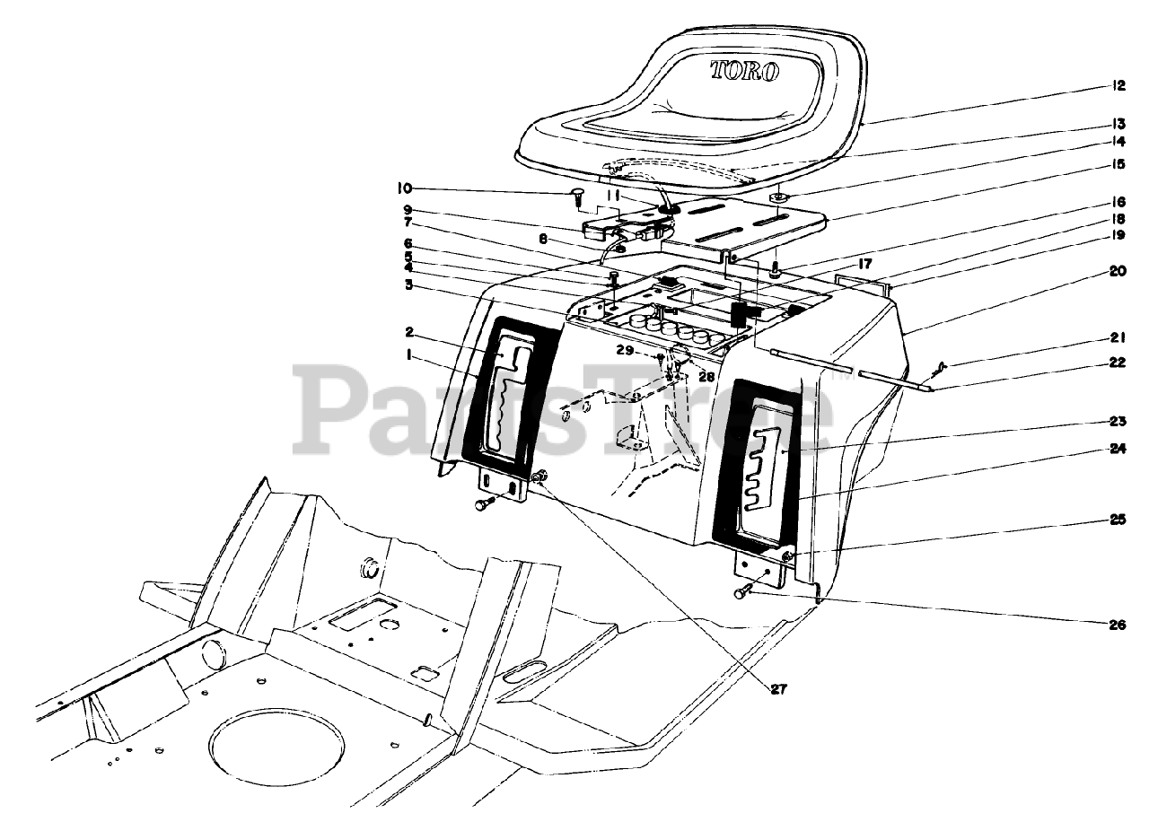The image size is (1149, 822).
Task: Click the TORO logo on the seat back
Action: tap(744, 71)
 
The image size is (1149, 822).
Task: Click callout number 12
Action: tap(1118, 87)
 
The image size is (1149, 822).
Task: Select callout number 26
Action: tap(1118, 625)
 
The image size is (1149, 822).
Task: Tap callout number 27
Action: tap(778, 688)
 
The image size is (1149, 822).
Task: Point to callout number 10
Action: tap(404, 188)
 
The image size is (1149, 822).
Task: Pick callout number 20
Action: tap(1118, 271)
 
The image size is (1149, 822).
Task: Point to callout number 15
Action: tap(1118, 164)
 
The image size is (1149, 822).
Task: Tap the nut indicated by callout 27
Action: tap(538, 478)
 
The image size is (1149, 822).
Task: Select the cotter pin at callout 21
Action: tap(939, 365)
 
